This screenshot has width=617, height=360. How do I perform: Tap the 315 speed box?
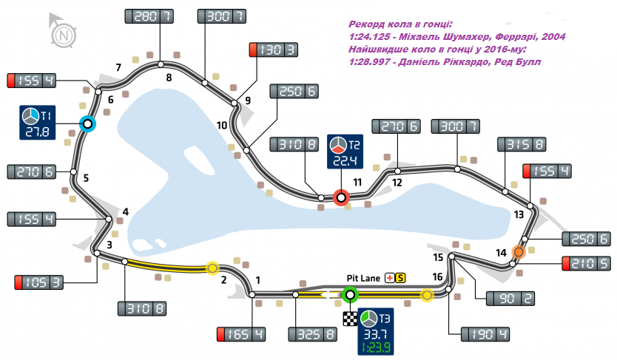[x=523, y=145]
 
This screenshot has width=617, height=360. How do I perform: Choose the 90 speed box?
[x=510, y=299]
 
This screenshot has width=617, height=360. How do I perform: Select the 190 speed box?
[x=485, y=334]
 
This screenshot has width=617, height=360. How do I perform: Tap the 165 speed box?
[x=240, y=334]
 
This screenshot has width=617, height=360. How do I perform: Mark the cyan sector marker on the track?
[x=88, y=124]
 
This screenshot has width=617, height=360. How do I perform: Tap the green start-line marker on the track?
[x=351, y=295]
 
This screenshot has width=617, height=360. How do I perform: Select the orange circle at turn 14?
[x=519, y=253]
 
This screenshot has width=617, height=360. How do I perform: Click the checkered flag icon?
[x=349, y=319]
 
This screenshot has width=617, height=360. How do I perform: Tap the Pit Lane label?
[x=363, y=278]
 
